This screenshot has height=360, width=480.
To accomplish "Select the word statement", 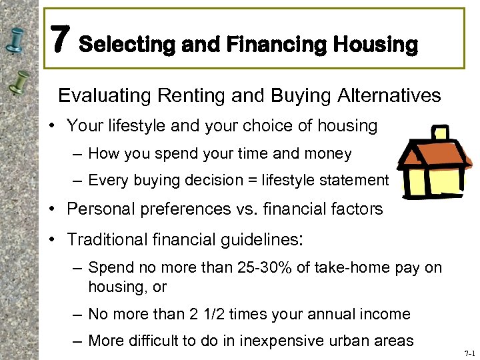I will coord(357,181).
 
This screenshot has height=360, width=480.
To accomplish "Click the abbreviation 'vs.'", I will coord(241,209).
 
